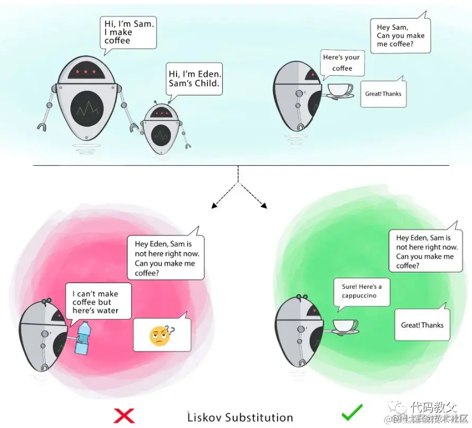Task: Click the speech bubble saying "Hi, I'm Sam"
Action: [x=128, y=32]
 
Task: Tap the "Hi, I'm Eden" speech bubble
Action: [x=195, y=79]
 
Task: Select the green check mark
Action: [x=352, y=412]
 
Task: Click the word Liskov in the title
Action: [x=204, y=417]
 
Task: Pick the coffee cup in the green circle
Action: [x=344, y=326]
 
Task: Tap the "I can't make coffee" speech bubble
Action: [x=98, y=302]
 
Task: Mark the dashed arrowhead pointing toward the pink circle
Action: [x=214, y=205]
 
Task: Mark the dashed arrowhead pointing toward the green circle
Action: [x=263, y=205]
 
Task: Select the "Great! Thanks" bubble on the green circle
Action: [x=422, y=325]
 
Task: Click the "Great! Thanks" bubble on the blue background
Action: [x=383, y=94]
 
